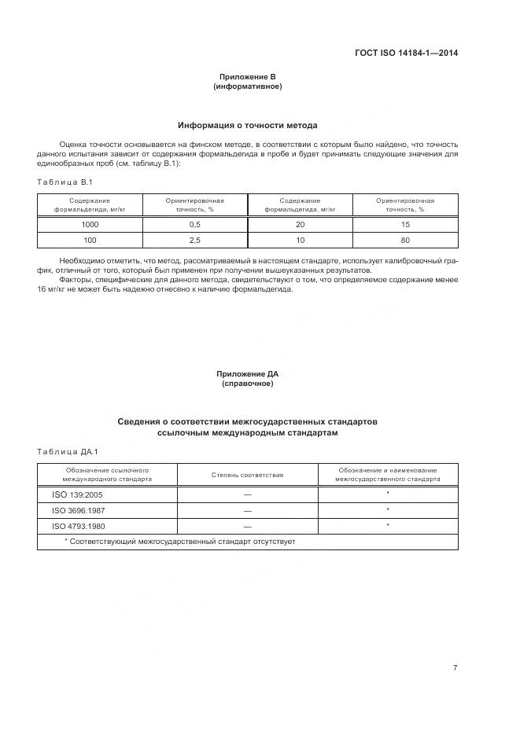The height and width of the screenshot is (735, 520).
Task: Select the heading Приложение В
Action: (247, 78)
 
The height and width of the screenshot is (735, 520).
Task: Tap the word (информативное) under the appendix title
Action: (247, 86)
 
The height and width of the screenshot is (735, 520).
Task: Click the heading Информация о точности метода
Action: (247, 125)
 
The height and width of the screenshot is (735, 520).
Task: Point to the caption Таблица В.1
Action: (65, 182)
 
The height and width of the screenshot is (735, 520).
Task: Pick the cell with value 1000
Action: (90, 224)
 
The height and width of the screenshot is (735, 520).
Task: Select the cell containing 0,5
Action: (195, 224)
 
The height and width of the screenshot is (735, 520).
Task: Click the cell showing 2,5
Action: (195, 240)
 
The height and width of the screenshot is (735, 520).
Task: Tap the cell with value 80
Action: (405, 240)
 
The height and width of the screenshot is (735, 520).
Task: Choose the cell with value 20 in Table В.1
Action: (300, 224)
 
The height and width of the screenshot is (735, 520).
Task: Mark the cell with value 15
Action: (405, 224)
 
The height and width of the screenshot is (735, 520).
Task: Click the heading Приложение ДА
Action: (247, 374)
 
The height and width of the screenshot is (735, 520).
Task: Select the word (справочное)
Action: (247, 384)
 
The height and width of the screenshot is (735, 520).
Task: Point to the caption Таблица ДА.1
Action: (67, 451)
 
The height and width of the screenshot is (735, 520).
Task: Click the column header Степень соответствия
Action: (247, 475)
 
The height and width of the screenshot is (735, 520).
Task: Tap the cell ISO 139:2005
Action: (72, 494)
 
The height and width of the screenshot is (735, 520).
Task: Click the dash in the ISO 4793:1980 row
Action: (247, 526)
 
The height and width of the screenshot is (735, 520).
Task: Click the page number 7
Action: (455, 668)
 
